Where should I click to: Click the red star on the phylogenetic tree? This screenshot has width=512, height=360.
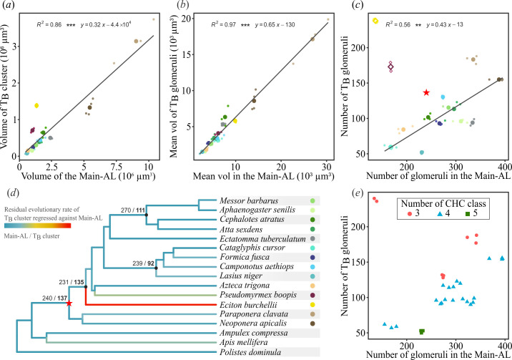click(x=69, y=303)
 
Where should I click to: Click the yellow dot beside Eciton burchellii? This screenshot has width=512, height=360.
click(x=313, y=303)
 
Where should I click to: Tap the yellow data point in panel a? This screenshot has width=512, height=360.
click(x=36, y=106)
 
